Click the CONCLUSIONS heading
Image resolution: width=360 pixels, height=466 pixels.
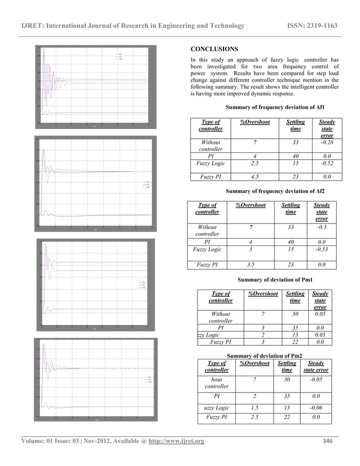214,49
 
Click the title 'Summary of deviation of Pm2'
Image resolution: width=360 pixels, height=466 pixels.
262,355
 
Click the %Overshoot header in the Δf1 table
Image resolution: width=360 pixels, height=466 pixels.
255,122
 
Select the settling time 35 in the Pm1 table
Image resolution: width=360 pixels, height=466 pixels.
295,327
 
